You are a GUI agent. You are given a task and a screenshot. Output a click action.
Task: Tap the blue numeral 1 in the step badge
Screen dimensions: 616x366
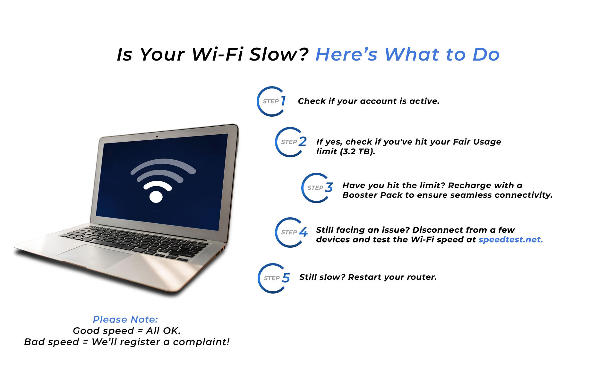coord(283,101)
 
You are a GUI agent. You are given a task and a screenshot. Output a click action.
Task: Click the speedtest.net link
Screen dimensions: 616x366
coord(510,240)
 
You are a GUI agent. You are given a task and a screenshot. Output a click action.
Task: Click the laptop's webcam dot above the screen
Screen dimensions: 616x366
coord(157,137)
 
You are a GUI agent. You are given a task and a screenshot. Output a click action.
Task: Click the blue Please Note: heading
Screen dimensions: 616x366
coord(125,319)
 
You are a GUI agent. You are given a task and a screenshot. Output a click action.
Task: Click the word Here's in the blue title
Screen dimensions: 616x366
coord(347,54)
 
